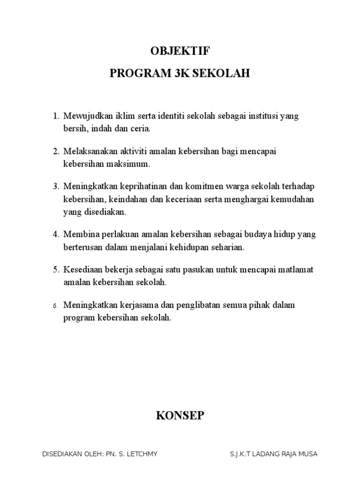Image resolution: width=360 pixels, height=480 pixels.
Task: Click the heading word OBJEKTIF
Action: [x=180, y=52]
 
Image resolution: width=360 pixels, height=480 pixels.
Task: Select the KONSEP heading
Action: [x=180, y=415]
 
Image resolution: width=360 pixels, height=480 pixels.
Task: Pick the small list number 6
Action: [x=55, y=306]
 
